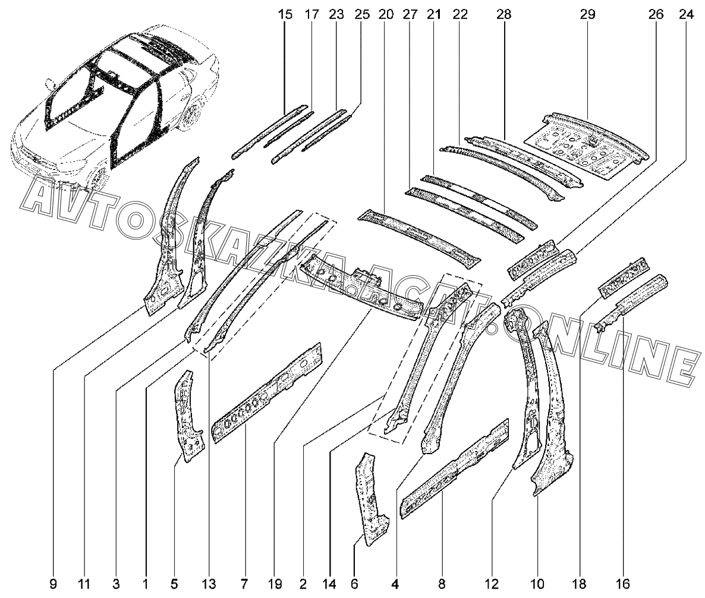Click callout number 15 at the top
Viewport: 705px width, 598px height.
click(285, 14)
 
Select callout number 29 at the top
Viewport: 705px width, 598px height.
click(587, 14)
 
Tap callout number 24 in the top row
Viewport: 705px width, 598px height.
click(686, 14)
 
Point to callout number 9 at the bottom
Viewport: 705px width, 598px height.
click(53, 584)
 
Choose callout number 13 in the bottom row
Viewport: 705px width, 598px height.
click(209, 584)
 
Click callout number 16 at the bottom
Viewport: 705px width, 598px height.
click(622, 584)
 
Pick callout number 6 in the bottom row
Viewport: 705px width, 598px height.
click(354, 584)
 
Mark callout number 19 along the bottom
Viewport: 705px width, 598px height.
click(275, 584)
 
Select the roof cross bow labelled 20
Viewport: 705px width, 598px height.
click(418, 238)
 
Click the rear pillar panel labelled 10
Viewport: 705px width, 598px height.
click(550, 409)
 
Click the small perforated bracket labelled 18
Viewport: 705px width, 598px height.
click(623, 277)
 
